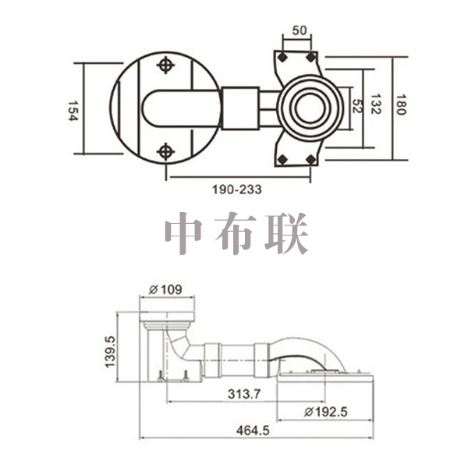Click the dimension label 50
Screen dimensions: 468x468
tap(300, 30)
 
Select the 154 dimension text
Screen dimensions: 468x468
tap(73, 111)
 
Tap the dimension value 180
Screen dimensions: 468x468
tap(401, 105)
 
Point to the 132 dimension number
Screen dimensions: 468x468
tap(375, 104)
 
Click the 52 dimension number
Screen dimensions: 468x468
tap(357, 106)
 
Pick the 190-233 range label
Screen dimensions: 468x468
tap(237, 190)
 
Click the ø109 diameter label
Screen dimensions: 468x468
tap(165, 289)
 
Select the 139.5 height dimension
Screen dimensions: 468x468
tap(110, 352)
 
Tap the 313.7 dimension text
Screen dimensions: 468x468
tap(244, 394)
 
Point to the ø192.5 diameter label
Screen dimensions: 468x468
tap(326, 412)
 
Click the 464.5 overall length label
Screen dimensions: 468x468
tap(253, 431)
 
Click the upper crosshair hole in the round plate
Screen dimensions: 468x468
tap(165, 65)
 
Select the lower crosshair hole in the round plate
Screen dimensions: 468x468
tap(165, 151)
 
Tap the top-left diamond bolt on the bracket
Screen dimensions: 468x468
tap(282, 57)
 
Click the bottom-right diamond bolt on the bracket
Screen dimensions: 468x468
tap(311, 159)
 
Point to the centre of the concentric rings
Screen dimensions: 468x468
tap(310, 108)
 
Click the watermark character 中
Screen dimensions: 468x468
tap(183, 232)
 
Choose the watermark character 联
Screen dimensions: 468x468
tap(286, 233)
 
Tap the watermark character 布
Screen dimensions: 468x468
tap(236, 233)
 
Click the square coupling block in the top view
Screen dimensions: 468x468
tap(240, 108)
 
